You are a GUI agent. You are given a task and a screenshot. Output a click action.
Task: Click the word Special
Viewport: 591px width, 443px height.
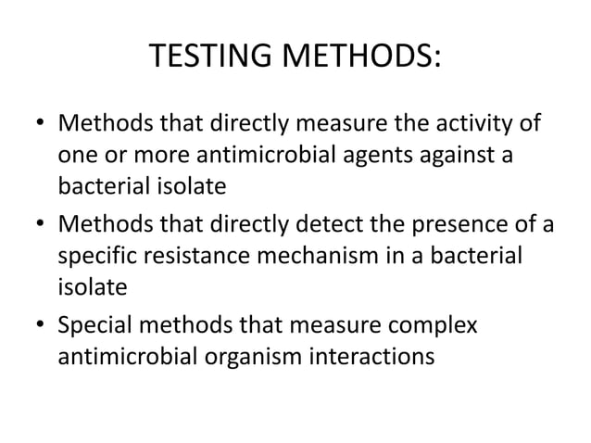97,324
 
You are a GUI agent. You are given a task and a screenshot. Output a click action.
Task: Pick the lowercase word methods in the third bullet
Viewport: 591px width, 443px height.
193,324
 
